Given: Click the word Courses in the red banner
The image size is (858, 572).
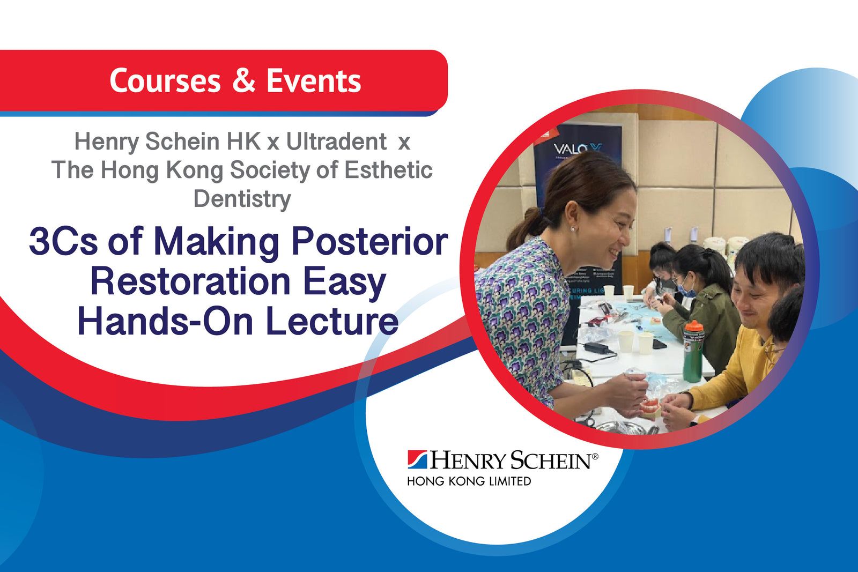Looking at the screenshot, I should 165,81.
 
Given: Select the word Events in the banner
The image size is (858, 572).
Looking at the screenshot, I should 314,81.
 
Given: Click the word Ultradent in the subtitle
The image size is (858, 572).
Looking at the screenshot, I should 336,142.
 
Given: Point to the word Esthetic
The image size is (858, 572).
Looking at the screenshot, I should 388,170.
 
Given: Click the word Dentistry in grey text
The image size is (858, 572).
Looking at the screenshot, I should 242,198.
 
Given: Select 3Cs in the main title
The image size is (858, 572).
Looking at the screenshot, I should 63,241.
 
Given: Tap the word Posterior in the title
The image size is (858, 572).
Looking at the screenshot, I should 369,241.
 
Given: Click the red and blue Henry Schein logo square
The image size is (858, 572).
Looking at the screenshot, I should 417,459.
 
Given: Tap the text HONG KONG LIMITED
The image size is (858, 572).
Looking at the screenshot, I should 469,481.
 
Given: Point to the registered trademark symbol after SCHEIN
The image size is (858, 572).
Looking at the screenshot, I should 594,456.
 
